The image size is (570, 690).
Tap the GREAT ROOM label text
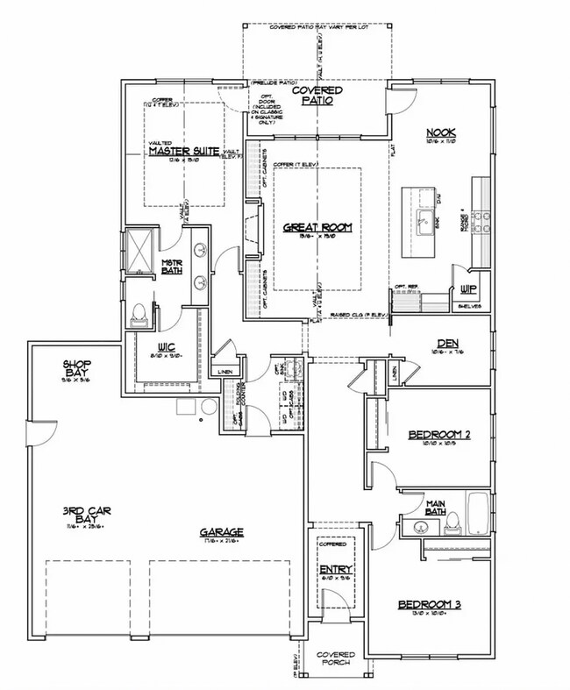tap(317, 227)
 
